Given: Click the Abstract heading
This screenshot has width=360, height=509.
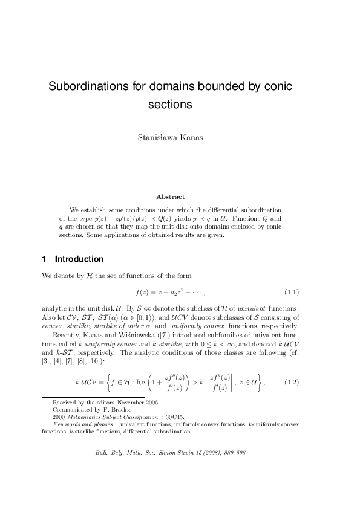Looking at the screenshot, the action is [x=170, y=196].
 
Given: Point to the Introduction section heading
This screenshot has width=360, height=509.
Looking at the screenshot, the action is [x=79, y=259].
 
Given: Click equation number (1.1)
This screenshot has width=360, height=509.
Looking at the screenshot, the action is [x=292, y=293].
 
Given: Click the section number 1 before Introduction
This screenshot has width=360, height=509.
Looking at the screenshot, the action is [x=44, y=259].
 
